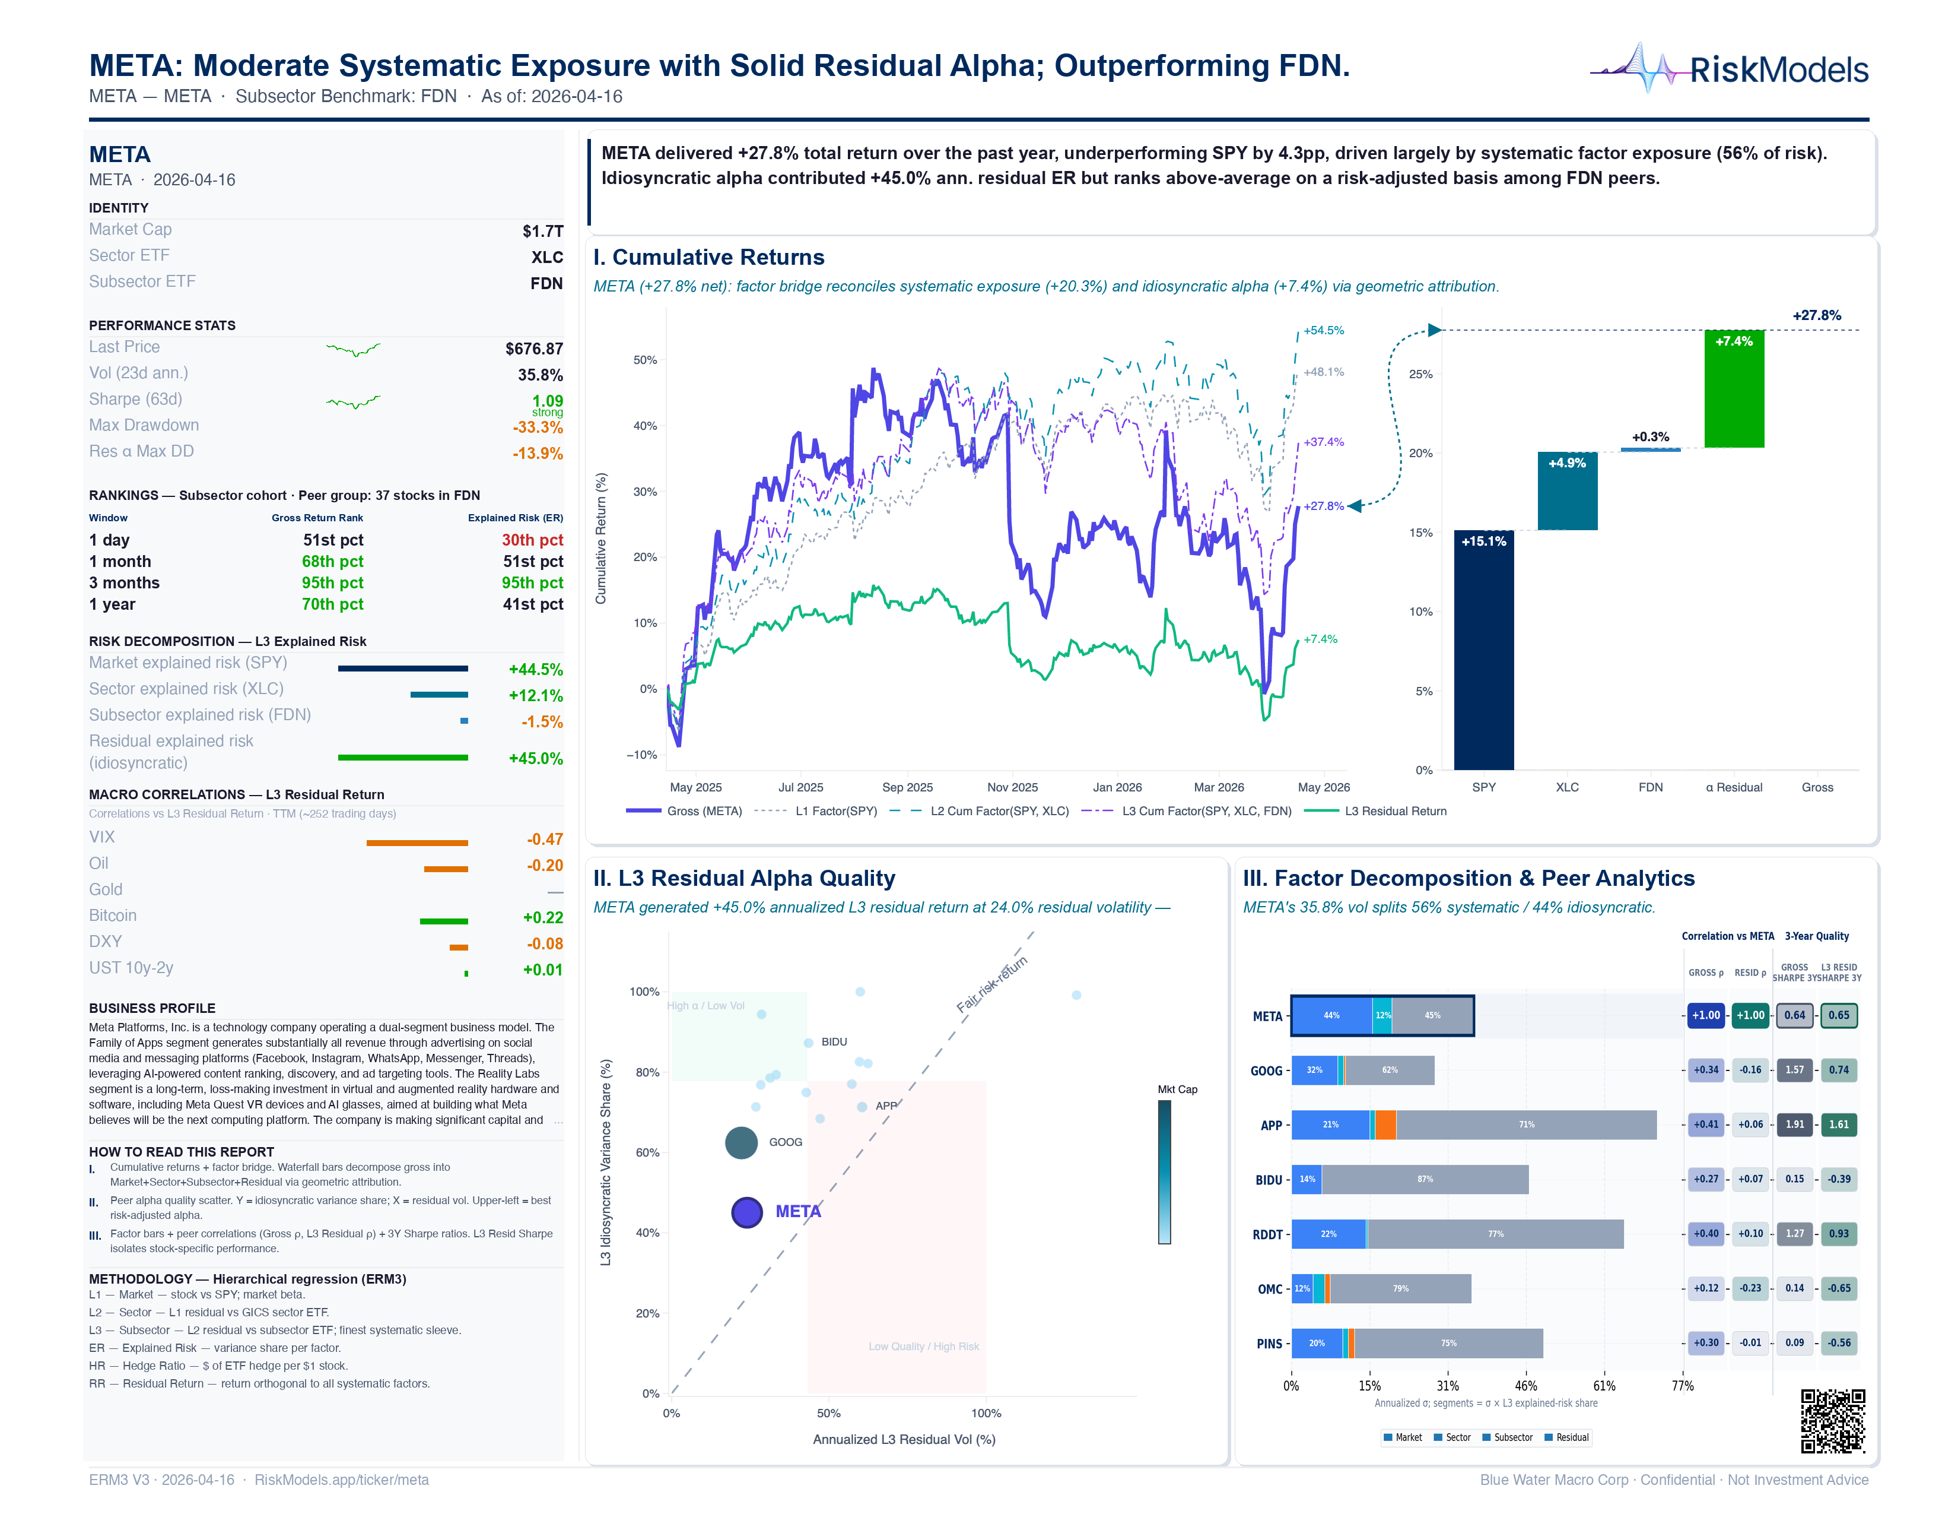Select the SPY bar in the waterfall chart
[x=1484, y=650]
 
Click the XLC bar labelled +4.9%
[x=1567, y=492]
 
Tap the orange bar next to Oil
[x=446, y=868]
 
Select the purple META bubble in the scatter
[x=747, y=1212]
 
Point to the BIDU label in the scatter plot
[x=834, y=1042]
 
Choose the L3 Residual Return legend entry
[x=1395, y=812]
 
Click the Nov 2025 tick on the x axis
[x=1012, y=787]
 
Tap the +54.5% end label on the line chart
[x=1323, y=331]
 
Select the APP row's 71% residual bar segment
[x=1526, y=1125]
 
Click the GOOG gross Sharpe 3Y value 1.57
[x=1794, y=1070]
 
